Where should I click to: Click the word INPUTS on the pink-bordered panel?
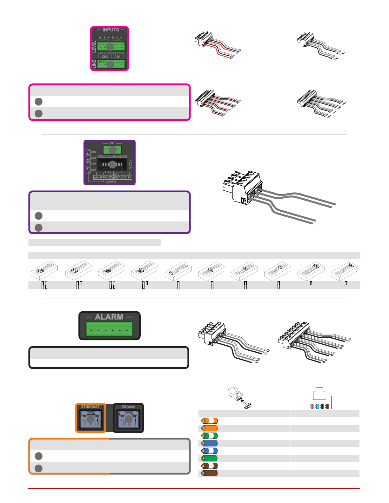pos(111,30)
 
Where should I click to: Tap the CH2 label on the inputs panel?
pos(105,56)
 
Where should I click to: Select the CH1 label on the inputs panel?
pos(117,56)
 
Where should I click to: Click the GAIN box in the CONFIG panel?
pos(104,177)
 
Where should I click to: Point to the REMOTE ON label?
pos(105,156)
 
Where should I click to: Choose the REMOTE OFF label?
pos(119,156)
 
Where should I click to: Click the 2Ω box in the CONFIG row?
pos(130,177)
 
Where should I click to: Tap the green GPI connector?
pos(112,150)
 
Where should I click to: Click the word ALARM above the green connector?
pos(109,317)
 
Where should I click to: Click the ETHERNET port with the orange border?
pos(91,419)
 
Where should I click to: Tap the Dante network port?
pos(129,419)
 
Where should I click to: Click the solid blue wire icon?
pos(210,443)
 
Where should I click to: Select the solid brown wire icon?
pos(210,473)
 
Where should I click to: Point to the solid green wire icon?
pos(210,458)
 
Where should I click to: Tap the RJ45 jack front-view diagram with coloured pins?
pos(320,399)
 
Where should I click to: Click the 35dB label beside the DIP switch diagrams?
pos(93,152)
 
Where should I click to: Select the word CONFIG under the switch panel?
pos(111,182)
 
